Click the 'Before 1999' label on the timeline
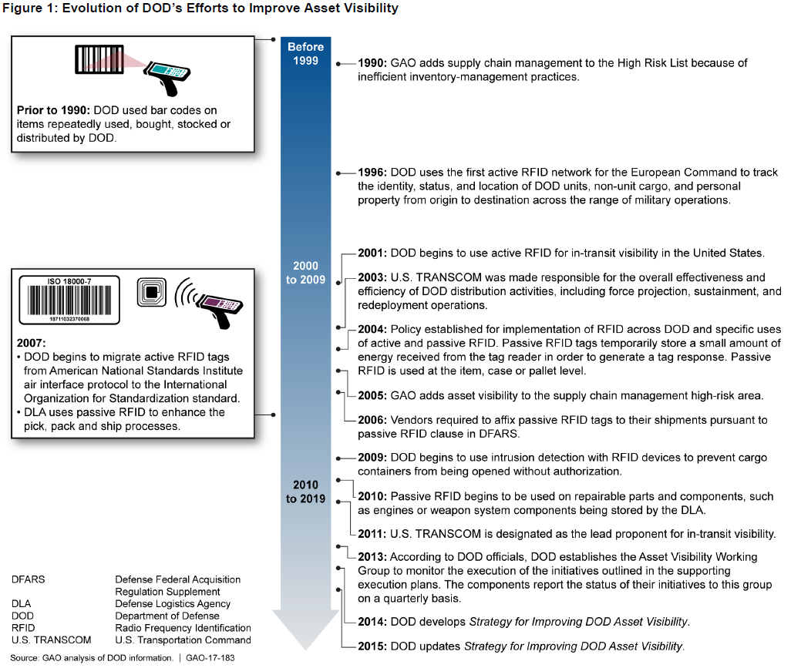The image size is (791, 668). coord(306,54)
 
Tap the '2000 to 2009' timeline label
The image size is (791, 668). coord(306,273)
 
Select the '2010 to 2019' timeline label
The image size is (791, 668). coord(306,492)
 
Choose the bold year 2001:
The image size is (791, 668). coord(373,253)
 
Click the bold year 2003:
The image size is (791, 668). coord(373,277)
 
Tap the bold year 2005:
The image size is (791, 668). coord(373,396)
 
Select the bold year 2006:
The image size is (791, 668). coord(373,421)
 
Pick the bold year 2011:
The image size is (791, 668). coord(373,533)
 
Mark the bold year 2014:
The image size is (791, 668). coord(373,621)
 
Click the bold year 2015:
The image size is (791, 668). coord(373,646)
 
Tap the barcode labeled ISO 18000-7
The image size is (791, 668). coord(69,298)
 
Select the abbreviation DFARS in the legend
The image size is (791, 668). coord(29,579)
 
